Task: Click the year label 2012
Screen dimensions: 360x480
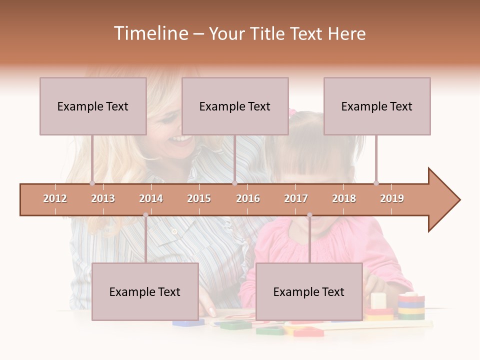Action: pyautogui.click(x=55, y=198)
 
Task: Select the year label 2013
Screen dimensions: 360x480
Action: pyautogui.click(x=103, y=198)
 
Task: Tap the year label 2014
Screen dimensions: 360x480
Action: pyautogui.click(x=151, y=198)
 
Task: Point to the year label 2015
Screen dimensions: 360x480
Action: pyautogui.click(x=199, y=198)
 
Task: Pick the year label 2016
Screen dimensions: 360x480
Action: pyautogui.click(x=248, y=198)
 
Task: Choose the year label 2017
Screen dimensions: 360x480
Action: pyautogui.click(x=296, y=198)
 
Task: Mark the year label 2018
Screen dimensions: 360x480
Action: pyautogui.click(x=344, y=198)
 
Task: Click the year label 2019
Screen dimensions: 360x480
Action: pyautogui.click(x=392, y=198)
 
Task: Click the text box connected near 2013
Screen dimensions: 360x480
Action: pyautogui.click(x=93, y=106)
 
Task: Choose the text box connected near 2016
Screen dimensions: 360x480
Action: pyautogui.click(x=235, y=106)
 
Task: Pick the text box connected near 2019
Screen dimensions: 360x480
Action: pyautogui.click(x=377, y=106)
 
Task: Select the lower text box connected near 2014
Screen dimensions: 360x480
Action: pyautogui.click(x=145, y=291)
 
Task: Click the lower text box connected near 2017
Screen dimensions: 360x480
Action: pyautogui.click(x=309, y=291)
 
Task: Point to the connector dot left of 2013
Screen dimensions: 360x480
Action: pyautogui.click(x=92, y=183)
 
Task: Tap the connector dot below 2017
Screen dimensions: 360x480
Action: pyautogui.click(x=309, y=215)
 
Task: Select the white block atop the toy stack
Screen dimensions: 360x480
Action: pyautogui.click(x=378, y=300)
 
